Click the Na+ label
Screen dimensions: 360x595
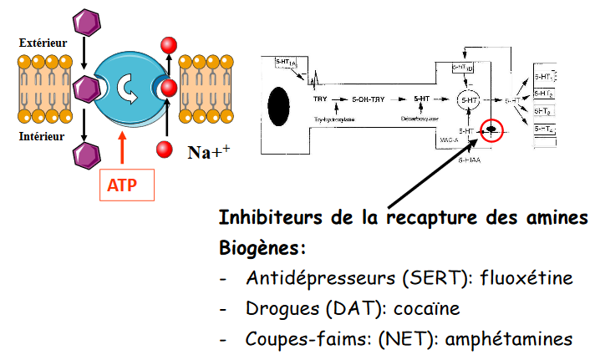(204, 152)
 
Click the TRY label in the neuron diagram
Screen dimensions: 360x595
(320, 100)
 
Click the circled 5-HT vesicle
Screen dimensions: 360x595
(470, 100)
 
